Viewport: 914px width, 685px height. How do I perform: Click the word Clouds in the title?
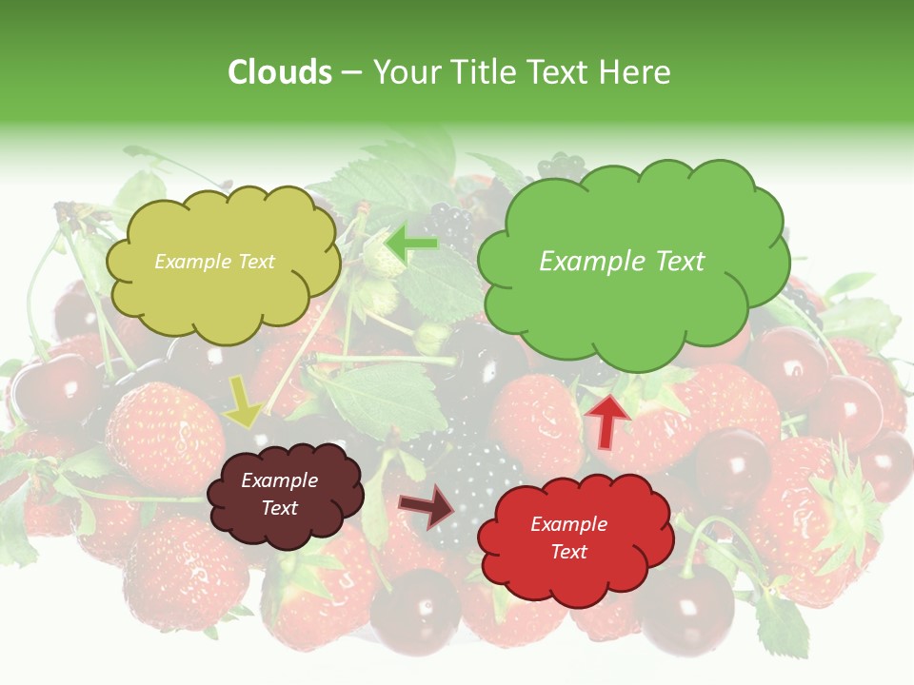280,72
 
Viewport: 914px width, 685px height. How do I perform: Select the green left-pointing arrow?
411,245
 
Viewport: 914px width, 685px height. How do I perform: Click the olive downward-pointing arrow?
245,401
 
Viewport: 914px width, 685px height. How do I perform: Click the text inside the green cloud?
622,262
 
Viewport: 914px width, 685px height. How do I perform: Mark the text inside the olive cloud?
214,262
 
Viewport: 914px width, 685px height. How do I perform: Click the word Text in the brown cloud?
279,509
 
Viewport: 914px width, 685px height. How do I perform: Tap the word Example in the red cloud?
568,524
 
